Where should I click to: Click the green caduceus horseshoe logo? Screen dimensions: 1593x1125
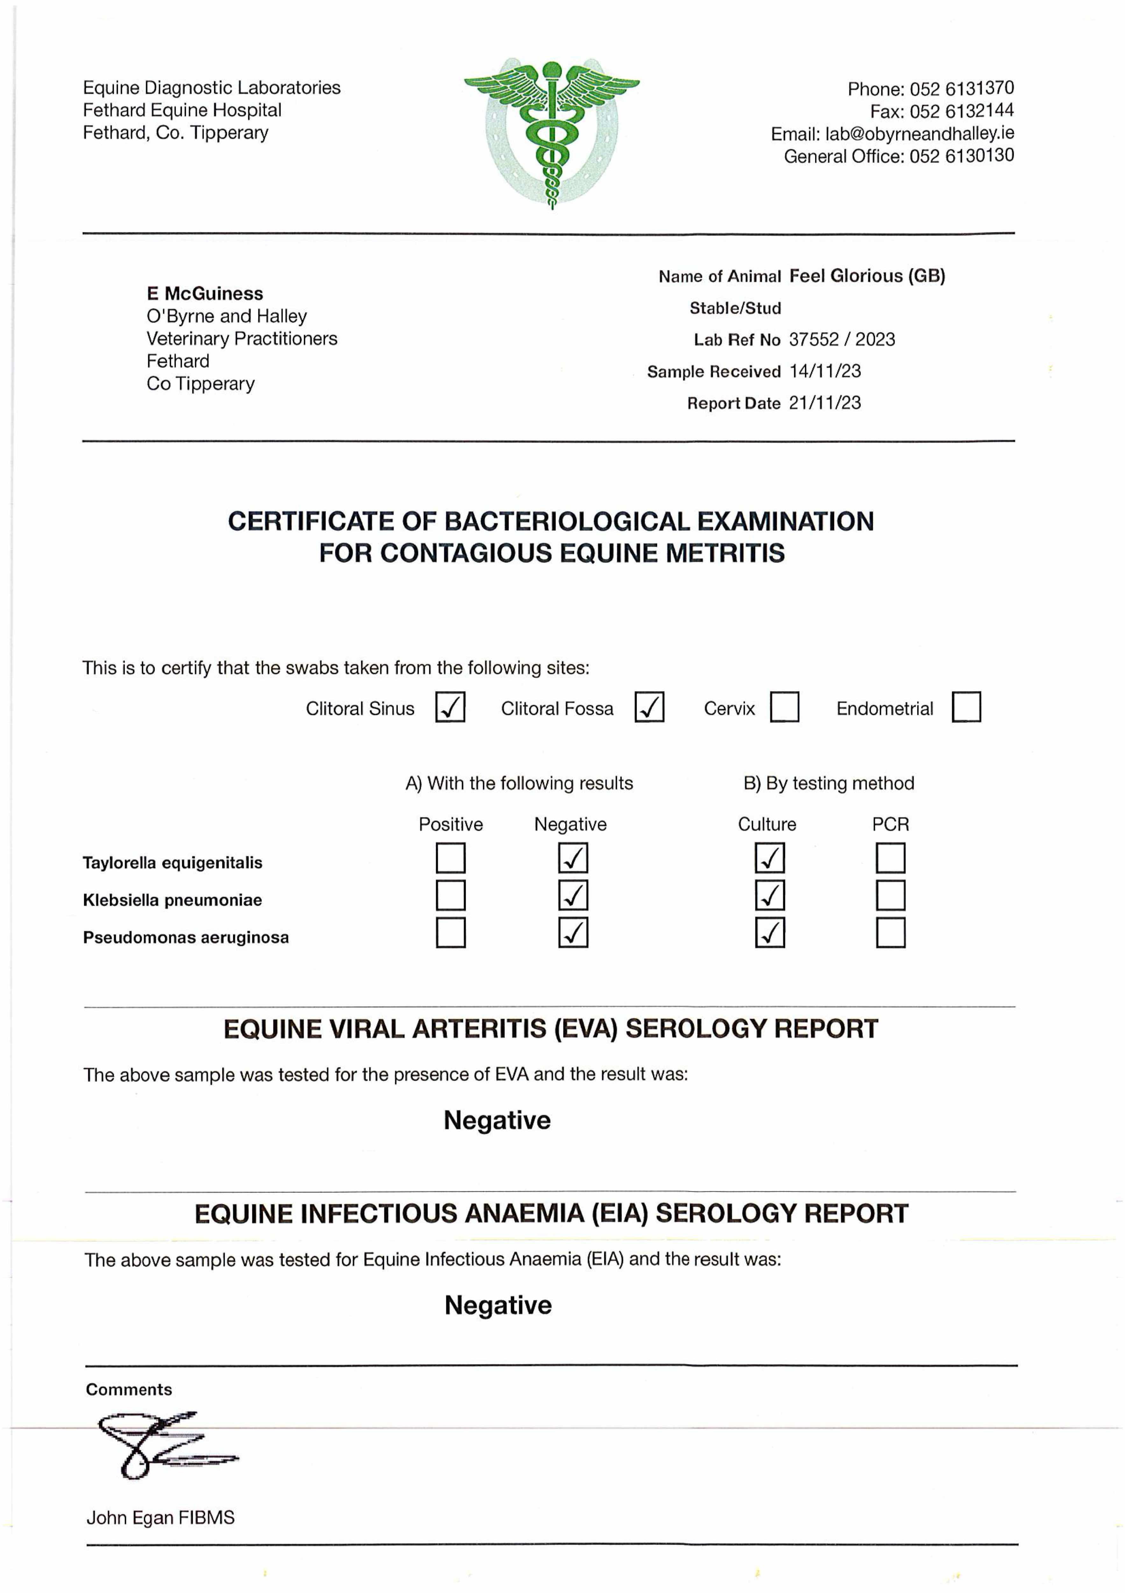pyautogui.click(x=552, y=132)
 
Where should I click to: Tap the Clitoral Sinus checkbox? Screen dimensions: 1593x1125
pyautogui.click(x=450, y=707)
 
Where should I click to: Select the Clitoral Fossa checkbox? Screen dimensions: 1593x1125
pyautogui.click(x=649, y=707)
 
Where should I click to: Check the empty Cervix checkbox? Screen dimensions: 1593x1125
pyautogui.click(x=785, y=707)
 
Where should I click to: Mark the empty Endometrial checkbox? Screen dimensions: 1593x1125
pyautogui.click(x=966, y=707)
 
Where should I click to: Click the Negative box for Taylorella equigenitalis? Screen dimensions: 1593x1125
pyautogui.click(x=573, y=858)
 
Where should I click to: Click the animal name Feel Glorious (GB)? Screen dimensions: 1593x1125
pyautogui.click(x=867, y=276)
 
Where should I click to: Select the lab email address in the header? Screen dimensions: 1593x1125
pyautogui.click(x=919, y=133)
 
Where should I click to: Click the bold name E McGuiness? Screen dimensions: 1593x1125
pyautogui.click(x=205, y=293)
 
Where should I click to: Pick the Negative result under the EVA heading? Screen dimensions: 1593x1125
pyautogui.click(x=497, y=1121)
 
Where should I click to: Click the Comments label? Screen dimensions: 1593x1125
pyautogui.click(x=129, y=1390)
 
